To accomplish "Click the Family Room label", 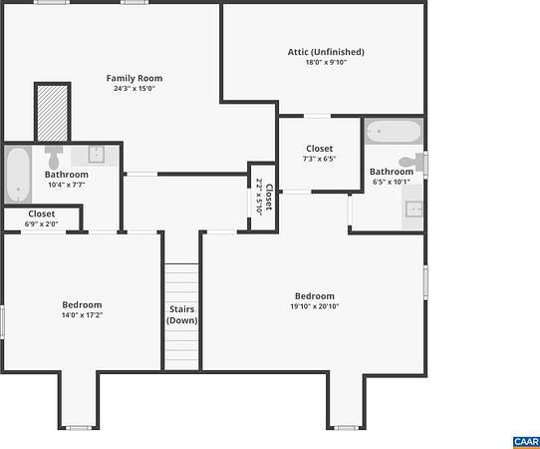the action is coord(135,78).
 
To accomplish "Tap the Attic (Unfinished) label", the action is coord(326,52).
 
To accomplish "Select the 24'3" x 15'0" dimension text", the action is coord(135,88).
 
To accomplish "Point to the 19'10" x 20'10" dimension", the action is coord(315,306).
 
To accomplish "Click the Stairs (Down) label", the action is coord(182,315).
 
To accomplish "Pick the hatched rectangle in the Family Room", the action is coord(53,113).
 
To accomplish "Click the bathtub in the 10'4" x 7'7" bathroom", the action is coord(18,175).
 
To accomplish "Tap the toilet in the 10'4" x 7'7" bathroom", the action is coord(54,158).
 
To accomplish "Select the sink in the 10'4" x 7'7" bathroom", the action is coord(96,154).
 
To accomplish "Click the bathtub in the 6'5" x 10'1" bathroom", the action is coord(394,132).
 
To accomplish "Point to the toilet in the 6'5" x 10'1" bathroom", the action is coord(411,162).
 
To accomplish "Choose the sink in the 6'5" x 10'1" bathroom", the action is coord(413,210).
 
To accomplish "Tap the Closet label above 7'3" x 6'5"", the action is coord(320,149).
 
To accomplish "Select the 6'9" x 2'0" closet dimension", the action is coord(41,224).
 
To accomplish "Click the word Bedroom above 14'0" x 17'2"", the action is coord(82,305).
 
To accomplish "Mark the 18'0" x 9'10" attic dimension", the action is coord(326,63).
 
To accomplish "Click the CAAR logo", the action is coord(526,442).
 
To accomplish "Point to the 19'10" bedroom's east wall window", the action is coord(425,282).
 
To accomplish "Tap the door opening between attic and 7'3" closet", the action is coord(317,116).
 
